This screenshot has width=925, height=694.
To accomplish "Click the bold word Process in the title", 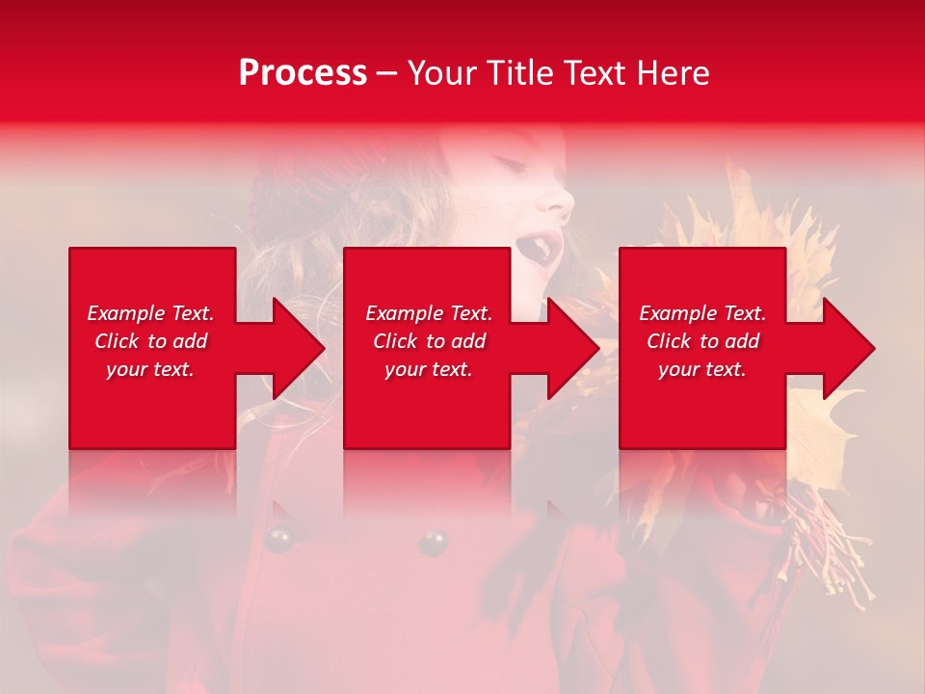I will [303, 73].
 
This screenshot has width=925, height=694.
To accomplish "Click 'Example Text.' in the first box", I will [150, 313].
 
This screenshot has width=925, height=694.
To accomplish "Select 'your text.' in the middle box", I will [428, 369].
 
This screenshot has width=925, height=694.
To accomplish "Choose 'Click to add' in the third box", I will [702, 341].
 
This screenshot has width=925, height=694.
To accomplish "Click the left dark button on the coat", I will [279, 541].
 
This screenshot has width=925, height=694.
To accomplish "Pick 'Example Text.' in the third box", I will [702, 313].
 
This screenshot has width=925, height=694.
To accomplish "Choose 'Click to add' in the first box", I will [150, 341].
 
